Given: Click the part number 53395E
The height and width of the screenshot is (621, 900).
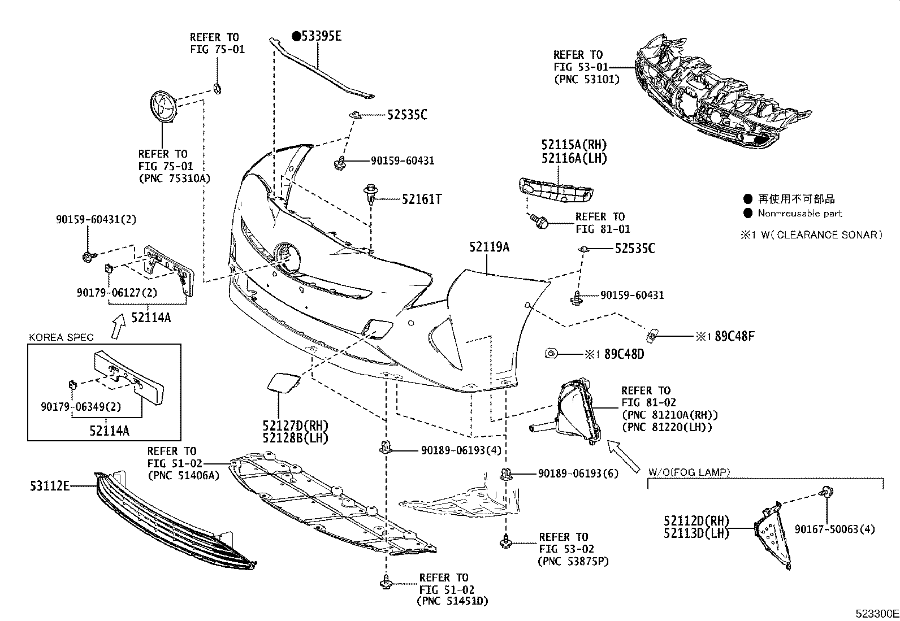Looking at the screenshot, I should coord(321,37).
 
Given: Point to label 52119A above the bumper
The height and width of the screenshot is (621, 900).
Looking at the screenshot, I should coord(489,247).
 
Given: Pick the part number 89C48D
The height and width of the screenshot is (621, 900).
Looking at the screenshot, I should coord(624,354).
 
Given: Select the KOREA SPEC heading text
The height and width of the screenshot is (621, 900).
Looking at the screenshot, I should coord(62,337).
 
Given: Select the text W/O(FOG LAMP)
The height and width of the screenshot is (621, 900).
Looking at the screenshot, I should coord(688,472).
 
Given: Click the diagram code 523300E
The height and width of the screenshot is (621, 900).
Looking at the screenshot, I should coord(876,613).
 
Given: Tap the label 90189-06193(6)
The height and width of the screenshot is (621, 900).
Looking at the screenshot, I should coord(578,473).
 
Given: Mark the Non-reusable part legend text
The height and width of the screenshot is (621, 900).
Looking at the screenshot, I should coord(799,214).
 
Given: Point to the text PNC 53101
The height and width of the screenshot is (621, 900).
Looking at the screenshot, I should coord(586,80).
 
